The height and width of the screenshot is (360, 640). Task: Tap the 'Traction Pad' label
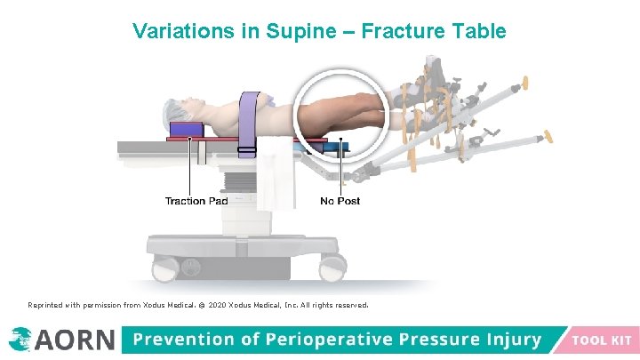point(196,201)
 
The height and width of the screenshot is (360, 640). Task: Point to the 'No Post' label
point(340,201)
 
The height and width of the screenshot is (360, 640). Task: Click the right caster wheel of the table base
point(335,264)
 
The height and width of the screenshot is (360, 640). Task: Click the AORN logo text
point(75,340)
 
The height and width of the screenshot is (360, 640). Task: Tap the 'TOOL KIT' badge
point(602,340)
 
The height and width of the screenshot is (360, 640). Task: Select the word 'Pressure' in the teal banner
point(428,340)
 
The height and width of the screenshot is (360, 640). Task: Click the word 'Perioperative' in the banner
point(311,340)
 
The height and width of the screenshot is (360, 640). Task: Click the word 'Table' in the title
point(477,31)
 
